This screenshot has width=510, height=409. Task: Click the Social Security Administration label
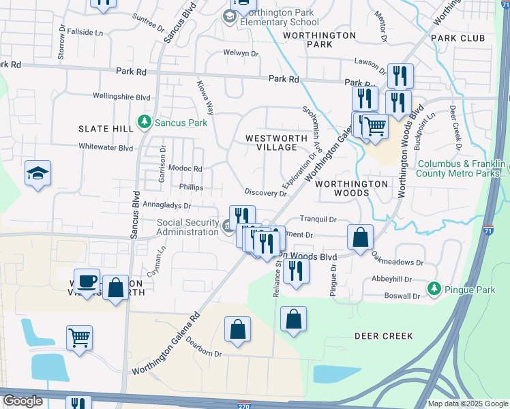[187, 227]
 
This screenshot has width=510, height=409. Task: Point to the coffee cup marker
[87, 281]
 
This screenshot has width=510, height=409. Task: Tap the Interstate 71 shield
[489, 232]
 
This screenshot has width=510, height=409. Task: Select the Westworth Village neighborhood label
[277, 144]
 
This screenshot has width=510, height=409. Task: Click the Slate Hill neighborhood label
[106, 128]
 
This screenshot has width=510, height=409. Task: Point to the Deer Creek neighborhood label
[383, 336]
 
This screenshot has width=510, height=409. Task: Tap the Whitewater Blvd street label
[106, 147]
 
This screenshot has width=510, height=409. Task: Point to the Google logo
[22, 401]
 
